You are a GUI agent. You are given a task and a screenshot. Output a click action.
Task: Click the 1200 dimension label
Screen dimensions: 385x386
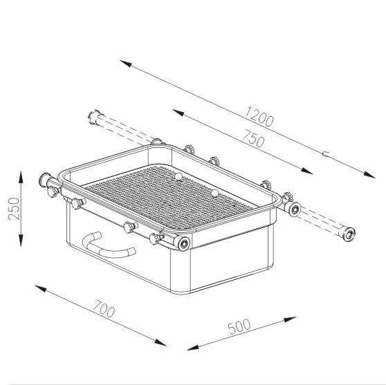(x=259, y=118)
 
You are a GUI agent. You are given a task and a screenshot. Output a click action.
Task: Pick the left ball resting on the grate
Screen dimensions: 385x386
(x=177, y=177)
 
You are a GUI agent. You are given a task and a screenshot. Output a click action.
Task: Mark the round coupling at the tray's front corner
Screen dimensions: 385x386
(x=185, y=245)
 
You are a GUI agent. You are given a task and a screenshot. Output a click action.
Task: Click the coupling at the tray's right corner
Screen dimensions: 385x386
(x=293, y=208)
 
